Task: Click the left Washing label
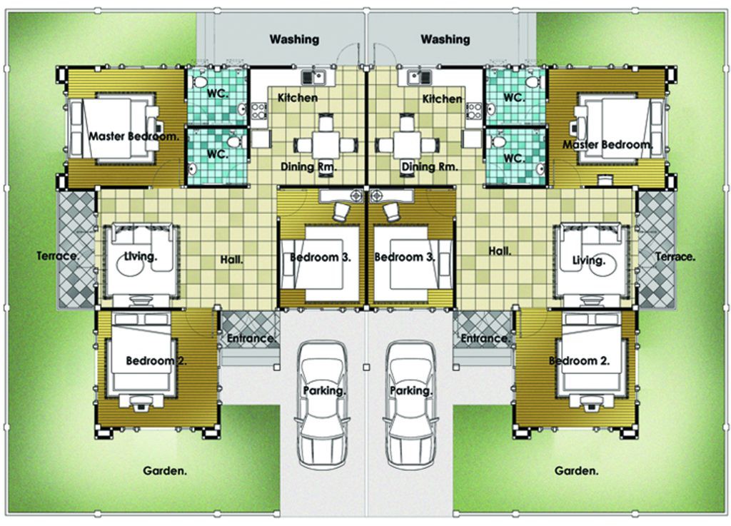(294, 39)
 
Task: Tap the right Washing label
(445, 39)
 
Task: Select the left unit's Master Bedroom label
(133, 136)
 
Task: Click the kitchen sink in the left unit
(313, 77)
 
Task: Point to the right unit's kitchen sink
(420, 77)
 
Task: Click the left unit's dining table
(326, 145)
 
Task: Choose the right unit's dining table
(407, 145)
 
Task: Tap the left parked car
(323, 405)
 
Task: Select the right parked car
(410, 405)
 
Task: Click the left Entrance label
(252, 338)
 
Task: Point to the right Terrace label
(675, 256)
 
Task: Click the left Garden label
(165, 470)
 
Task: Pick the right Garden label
(576, 470)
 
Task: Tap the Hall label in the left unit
(232, 260)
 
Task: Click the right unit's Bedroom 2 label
(579, 360)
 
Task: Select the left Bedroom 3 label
(321, 257)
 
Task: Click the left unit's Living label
(141, 256)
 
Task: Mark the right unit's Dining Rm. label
(430, 166)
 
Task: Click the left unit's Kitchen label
(298, 98)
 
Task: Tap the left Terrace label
(58, 256)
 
